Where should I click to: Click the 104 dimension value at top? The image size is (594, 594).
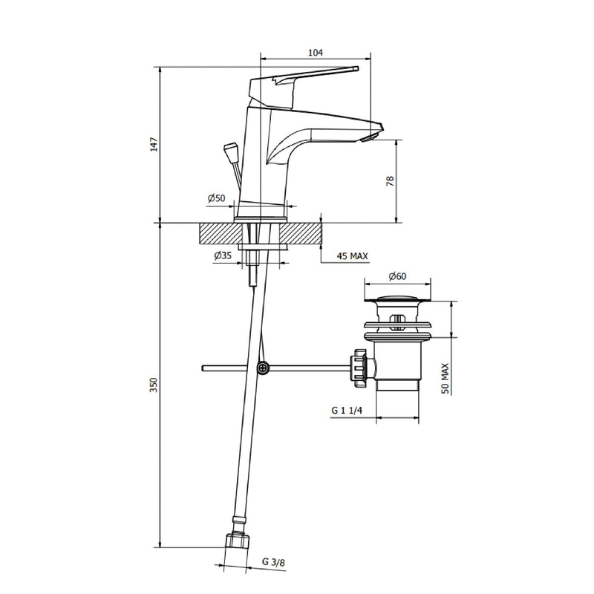point(315,53)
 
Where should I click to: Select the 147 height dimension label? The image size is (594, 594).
point(154,145)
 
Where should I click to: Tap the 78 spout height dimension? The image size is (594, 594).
point(390,181)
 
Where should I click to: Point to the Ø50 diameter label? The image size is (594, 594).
point(216,198)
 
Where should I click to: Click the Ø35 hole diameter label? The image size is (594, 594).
point(222,255)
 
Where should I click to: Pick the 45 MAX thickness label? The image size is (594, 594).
point(352,256)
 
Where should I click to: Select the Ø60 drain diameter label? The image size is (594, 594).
point(397,276)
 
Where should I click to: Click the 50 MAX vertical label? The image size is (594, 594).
point(445,379)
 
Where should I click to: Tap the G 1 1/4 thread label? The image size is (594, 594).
point(347,411)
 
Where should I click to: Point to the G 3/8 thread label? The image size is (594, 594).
point(273,562)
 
